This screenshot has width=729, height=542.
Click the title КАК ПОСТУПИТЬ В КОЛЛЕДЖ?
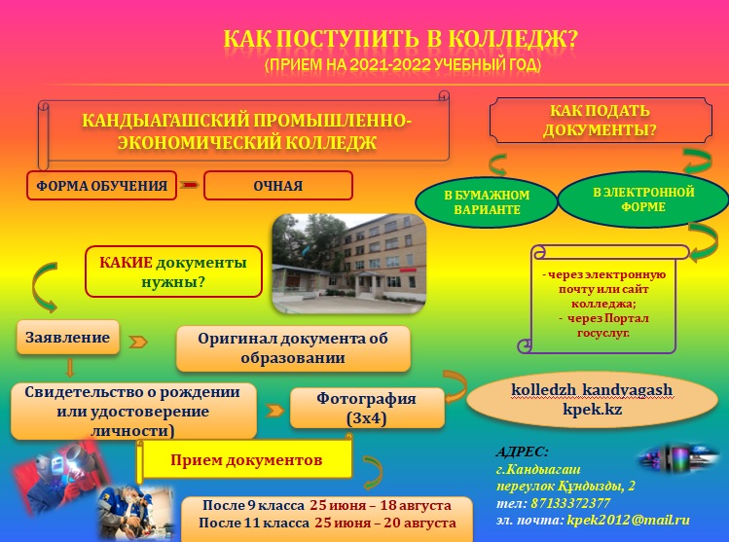pyautogui.click(x=400, y=40)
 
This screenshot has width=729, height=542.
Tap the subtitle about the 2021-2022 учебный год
pyautogui.click(x=402, y=66)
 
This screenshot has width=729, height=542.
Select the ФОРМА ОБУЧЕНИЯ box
pyautogui.click(x=102, y=185)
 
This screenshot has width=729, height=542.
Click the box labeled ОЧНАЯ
pyautogui.click(x=277, y=185)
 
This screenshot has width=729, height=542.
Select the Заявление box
pyautogui.click(x=68, y=337)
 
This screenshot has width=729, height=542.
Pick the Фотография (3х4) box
pyautogui.click(x=367, y=408)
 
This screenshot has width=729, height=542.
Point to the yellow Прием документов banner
pyautogui.click(x=248, y=460)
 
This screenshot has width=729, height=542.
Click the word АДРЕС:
pyautogui.click(x=523, y=451)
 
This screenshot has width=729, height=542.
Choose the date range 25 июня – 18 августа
pyautogui.click(x=381, y=506)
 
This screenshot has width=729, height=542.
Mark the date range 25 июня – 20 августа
pyautogui.click(x=381, y=524)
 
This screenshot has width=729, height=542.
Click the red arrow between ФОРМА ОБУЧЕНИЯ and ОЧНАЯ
pyautogui.click(x=190, y=185)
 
